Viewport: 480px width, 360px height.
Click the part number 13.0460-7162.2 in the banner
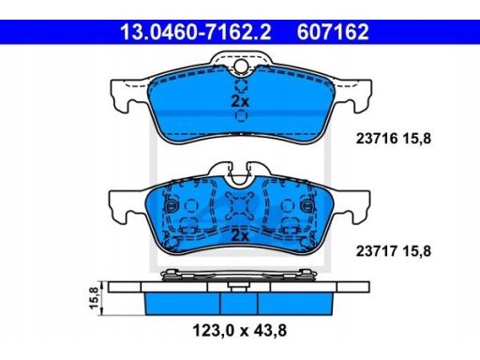coord(196,32)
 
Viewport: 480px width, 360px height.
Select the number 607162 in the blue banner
coord(333,32)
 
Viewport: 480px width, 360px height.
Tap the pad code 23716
coord(377,138)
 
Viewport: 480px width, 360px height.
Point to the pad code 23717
coord(377,251)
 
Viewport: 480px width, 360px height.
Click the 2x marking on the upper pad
coord(240,101)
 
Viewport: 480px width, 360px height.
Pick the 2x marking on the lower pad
coord(239,235)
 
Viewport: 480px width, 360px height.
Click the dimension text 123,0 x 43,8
coord(240,330)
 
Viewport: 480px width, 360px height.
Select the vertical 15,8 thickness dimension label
coord(94,298)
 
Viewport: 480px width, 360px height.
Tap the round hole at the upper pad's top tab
coord(241,66)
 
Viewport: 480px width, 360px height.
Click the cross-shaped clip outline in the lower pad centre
coord(240,205)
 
